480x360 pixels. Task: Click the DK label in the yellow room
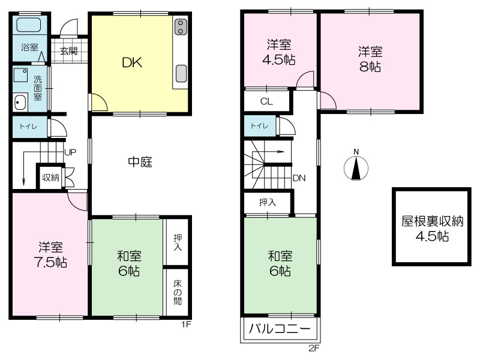coord(132,62)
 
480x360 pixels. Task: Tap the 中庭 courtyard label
coord(140,161)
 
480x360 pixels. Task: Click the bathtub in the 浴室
coord(28,25)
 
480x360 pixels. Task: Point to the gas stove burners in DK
coord(181,26)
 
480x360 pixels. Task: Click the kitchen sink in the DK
coord(181,73)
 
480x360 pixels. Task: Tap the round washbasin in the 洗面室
coord(20,102)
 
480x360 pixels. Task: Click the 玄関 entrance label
coord(68,51)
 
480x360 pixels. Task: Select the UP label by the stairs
coord(70,152)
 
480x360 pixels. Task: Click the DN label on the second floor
coord(299,178)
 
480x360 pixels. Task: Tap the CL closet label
coord(266,101)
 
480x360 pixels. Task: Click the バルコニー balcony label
coord(280,329)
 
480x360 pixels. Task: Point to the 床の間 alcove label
coord(178,292)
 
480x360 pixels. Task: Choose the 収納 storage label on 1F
coord(51,177)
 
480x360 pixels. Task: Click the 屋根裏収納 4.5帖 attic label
coord(432,229)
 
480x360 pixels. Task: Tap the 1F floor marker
coord(186,324)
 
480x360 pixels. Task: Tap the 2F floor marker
coord(314,348)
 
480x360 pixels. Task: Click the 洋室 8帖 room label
coord(370,59)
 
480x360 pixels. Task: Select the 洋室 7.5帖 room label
coord(50,254)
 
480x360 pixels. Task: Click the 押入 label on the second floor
coord(268,202)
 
